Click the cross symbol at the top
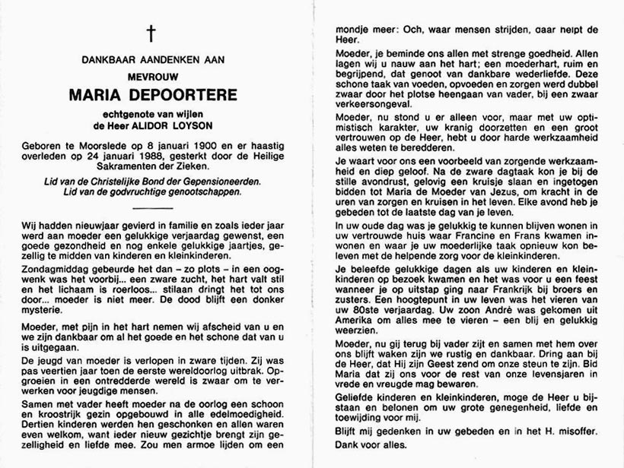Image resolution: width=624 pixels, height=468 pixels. click(151, 33)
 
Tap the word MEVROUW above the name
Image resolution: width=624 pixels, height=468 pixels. click(151, 76)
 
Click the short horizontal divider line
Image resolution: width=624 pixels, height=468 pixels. click(151, 207)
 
